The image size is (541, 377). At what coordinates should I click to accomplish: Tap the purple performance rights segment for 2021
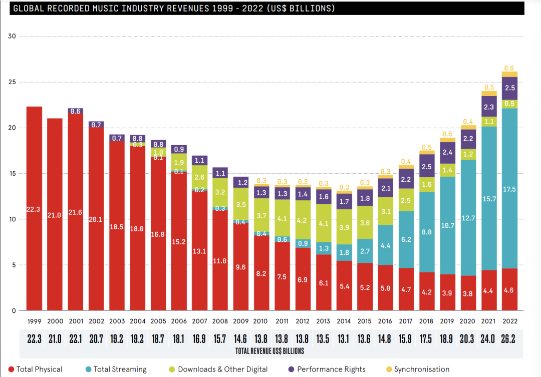489,106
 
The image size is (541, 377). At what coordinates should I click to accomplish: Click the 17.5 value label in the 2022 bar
510,189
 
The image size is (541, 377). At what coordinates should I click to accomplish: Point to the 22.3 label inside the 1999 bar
34,210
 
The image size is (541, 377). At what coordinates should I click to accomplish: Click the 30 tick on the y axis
13,36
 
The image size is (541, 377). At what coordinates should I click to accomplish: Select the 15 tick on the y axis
13,173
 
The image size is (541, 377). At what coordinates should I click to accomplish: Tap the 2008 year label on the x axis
220,320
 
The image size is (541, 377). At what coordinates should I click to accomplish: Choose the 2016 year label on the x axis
386,320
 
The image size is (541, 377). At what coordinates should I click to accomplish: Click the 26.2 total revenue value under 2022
510,339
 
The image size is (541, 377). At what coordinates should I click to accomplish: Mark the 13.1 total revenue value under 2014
344,339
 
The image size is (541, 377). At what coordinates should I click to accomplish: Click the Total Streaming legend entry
119,369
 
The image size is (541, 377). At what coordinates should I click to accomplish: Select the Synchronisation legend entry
421,369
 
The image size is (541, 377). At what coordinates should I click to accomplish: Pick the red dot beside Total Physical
11,369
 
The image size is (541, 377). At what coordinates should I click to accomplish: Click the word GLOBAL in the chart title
28,9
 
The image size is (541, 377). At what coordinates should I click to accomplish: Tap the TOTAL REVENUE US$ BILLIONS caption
270,351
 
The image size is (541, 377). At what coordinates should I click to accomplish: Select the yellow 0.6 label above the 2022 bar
510,68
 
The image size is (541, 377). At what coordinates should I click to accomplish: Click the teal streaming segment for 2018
427,232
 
